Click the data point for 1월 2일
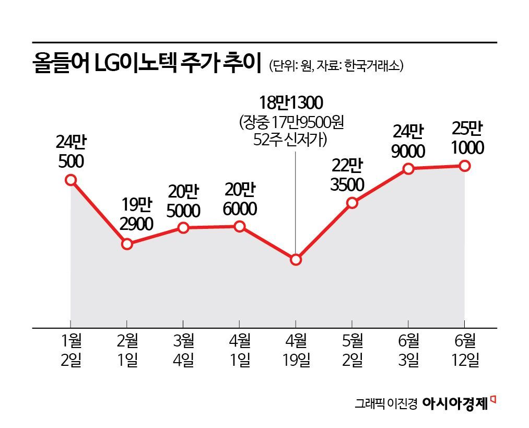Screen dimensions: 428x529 71,180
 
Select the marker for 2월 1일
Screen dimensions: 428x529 127,244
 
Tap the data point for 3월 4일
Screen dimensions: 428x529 183,228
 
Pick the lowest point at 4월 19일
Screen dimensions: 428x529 296,260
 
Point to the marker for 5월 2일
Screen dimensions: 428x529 352,203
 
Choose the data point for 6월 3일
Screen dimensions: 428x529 408,168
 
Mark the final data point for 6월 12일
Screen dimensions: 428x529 465,166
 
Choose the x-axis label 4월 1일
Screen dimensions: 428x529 239,352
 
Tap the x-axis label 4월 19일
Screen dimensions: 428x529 296,352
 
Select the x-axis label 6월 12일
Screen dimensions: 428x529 465,352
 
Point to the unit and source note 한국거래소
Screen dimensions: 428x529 336,65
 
